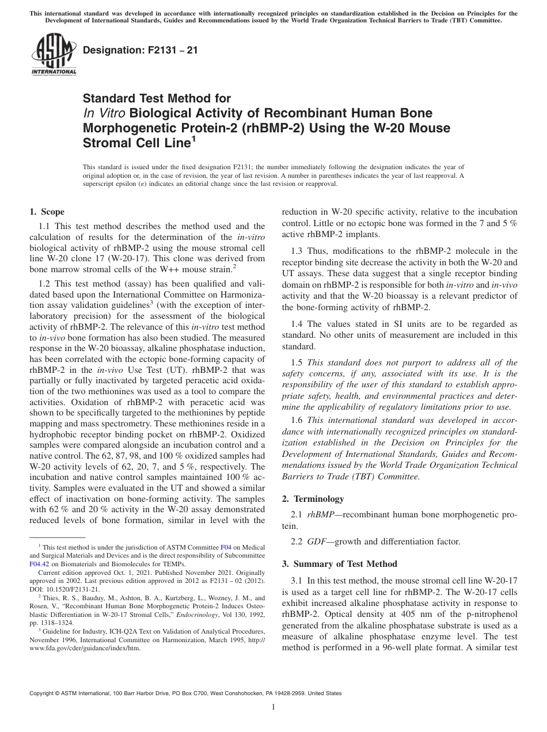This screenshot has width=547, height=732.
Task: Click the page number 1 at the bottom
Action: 273,708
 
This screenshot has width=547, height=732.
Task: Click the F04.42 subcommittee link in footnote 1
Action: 37,564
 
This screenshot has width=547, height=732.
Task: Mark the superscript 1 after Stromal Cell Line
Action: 193,138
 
